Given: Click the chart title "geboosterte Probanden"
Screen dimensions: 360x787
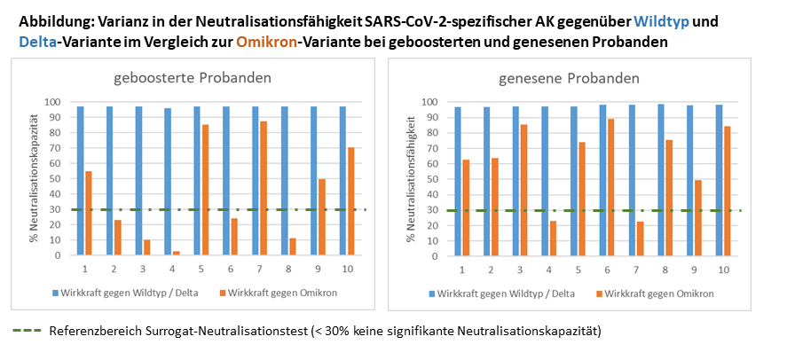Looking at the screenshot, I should [x=192, y=78].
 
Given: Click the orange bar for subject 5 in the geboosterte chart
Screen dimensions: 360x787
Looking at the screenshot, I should [x=206, y=190].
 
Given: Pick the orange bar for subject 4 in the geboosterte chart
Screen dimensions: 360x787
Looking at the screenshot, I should [x=176, y=253].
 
